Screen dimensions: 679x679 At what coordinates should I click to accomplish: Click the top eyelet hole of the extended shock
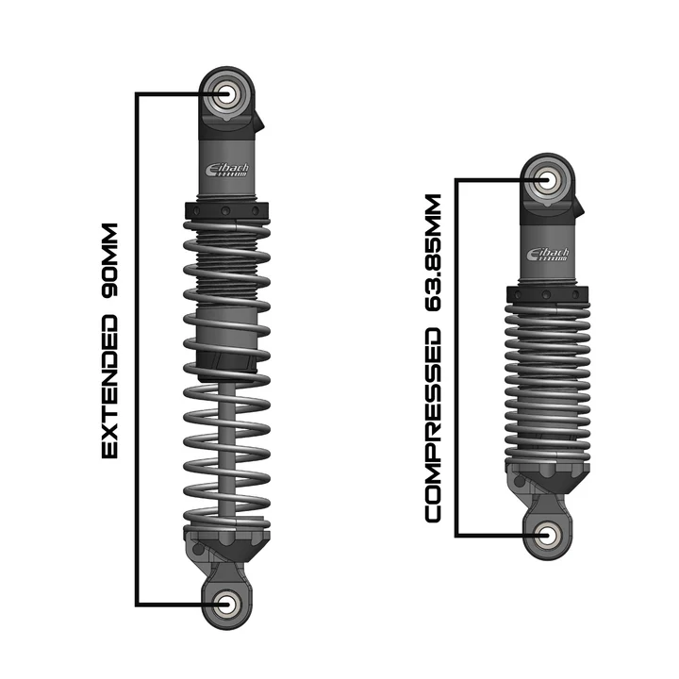click(x=228, y=94)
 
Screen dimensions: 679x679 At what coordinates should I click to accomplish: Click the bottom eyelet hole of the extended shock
click(x=227, y=604)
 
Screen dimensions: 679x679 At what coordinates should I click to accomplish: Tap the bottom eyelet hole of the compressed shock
click(x=549, y=535)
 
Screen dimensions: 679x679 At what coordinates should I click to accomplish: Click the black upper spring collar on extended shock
click(x=227, y=210)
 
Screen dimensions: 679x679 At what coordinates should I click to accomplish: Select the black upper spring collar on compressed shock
click(x=548, y=295)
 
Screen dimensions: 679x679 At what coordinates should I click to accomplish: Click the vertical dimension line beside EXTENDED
click(x=139, y=349)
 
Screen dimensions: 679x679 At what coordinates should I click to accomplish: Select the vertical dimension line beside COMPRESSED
click(x=457, y=358)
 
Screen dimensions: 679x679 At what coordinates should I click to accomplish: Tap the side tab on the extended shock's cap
click(x=259, y=120)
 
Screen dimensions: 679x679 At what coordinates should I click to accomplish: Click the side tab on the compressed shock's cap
click(x=580, y=205)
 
